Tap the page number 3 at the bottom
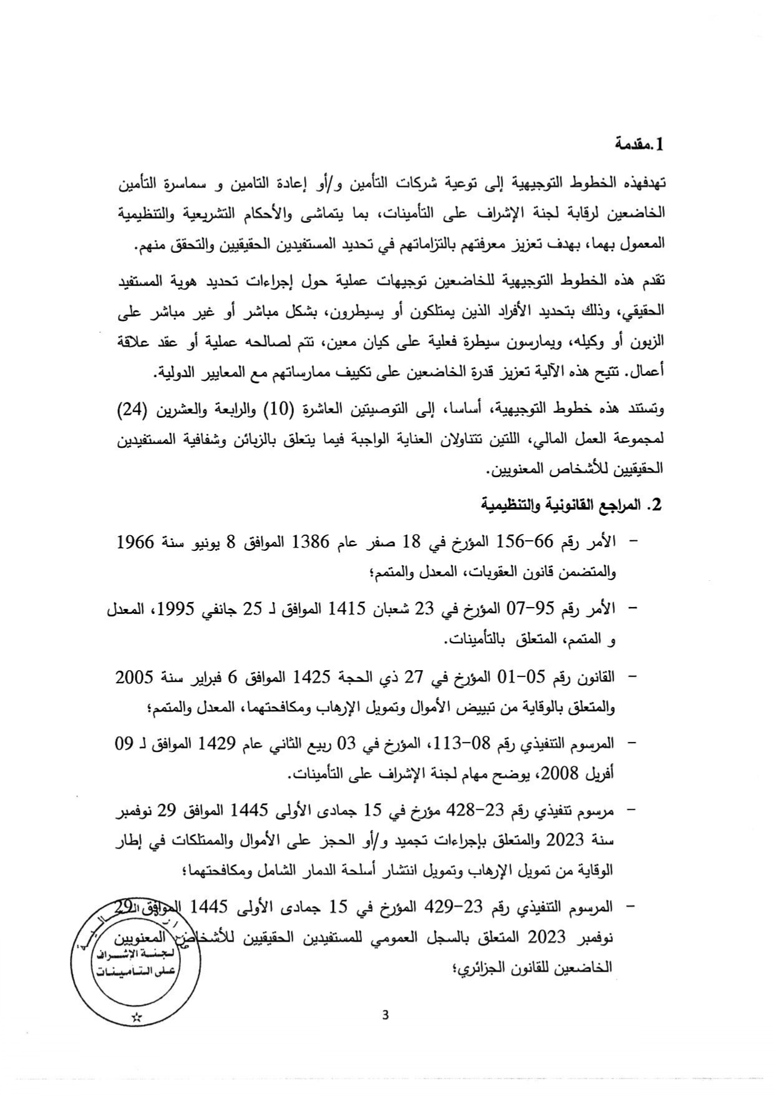click(385, 1015)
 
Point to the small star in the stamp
click(137, 1017)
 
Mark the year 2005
click(135, 676)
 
